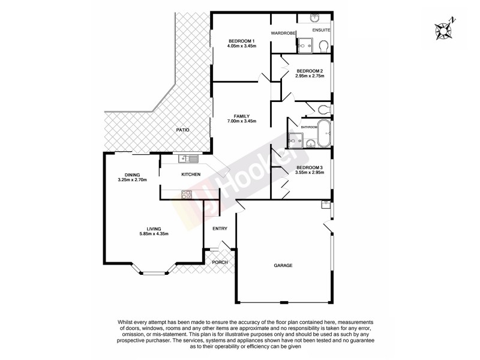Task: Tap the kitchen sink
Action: [x=188, y=158]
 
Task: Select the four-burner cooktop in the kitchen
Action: [x=186, y=194]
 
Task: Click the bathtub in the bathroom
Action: [x=324, y=133]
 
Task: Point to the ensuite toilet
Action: [x=322, y=46]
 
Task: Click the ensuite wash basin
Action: [x=316, y=19]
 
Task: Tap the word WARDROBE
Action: [x=283, y=33]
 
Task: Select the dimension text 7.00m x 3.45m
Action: [x=242, y=121]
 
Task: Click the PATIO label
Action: [x=182, y=130]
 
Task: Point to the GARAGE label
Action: [x=283, y=265]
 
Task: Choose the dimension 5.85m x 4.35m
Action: [x=154, y=233]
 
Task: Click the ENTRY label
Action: [x=220, y=228]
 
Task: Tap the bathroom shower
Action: [x=295, y=140]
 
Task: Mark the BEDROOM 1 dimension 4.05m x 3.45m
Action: [x=242, y=46]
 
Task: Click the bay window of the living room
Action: [x=153, y=274]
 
